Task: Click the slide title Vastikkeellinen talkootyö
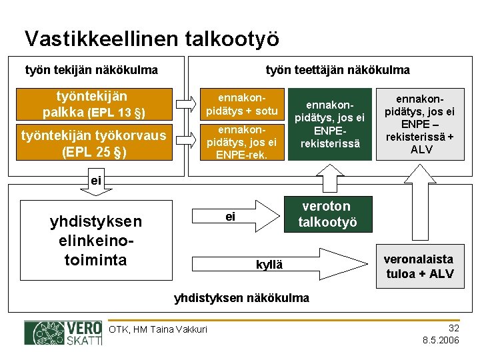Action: [x=151, y=38]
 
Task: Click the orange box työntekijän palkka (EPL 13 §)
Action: [x=94, y=103]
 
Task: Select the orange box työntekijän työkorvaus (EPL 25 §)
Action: [x=94, y=143]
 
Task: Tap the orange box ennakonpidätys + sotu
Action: [x=243, y=103]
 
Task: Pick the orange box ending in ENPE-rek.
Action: [x=243, y=142]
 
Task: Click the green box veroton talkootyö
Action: [x=327, y=213]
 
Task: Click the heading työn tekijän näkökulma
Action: [x=91, y=70]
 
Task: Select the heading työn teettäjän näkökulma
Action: [x=337, y=70]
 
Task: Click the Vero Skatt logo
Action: [x=63, y=333]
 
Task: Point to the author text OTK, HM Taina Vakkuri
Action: [x=158, y=329]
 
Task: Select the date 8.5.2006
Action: [x=441, y=340]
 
